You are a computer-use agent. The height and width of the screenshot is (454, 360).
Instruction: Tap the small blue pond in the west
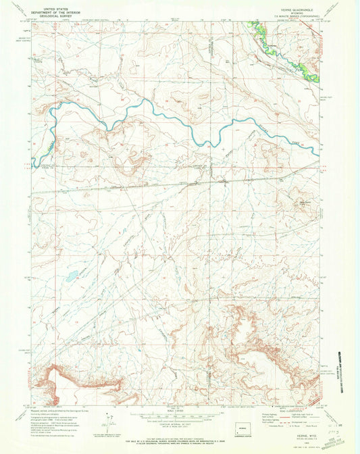point(70,276)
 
